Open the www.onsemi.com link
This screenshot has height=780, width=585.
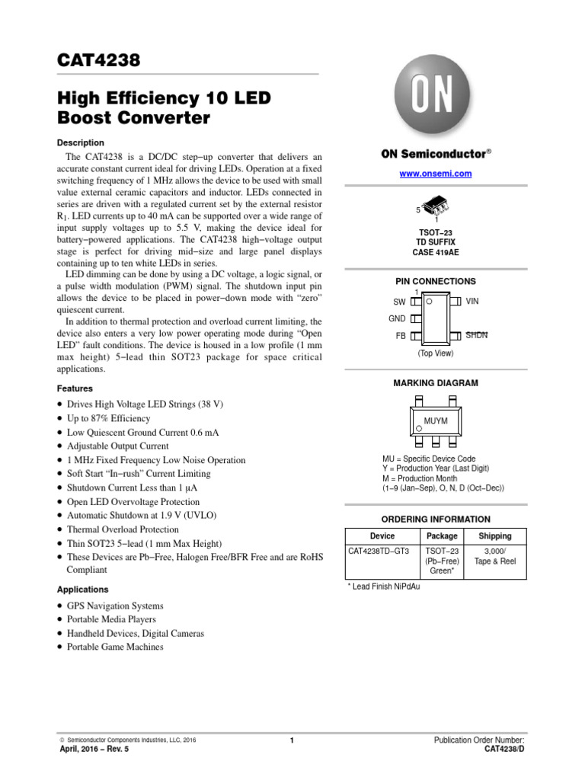(436, 174)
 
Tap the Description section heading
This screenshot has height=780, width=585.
(81, 142)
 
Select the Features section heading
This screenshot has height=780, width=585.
(75, 388)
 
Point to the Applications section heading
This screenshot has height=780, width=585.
(83, 590)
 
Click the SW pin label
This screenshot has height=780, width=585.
(399, 302)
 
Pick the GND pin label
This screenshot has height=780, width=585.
(397, 318)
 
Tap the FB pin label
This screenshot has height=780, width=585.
(400, 336)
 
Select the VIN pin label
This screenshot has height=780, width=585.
(472, 302)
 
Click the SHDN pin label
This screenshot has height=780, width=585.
(476, 335)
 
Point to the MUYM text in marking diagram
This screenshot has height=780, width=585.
(436, 420)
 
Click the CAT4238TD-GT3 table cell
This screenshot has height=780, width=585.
(379, 551)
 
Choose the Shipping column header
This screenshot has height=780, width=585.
(494, 536)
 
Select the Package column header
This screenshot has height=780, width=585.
(442, 536)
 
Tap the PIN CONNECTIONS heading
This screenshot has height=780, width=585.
(435, 281)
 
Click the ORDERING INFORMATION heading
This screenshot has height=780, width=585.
(435, 519)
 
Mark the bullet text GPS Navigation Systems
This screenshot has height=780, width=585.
(115, 606)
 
